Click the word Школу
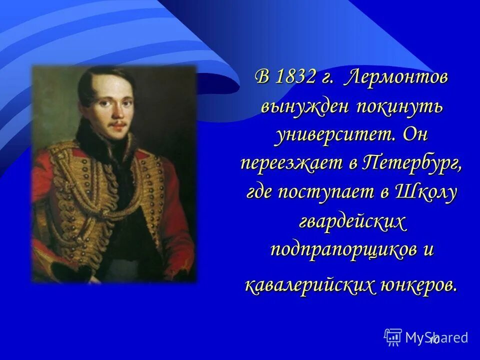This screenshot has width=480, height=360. coord(426,192)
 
